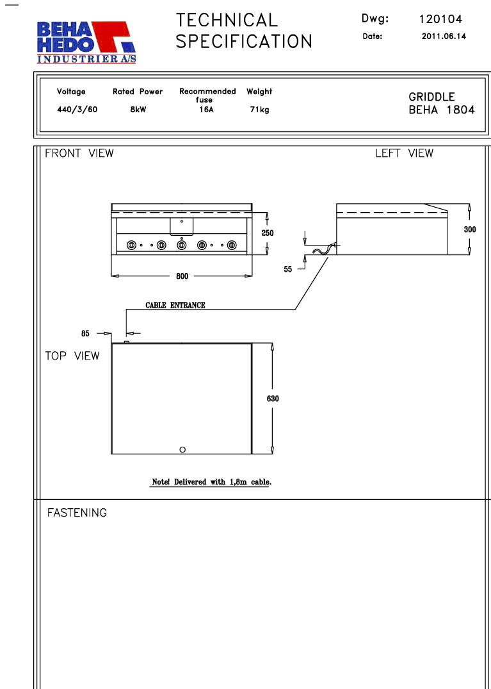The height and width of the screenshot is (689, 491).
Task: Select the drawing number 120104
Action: (x=440, y=19)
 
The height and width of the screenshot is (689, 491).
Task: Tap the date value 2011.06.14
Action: (x=444, y=37)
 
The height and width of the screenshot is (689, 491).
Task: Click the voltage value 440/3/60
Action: (x=77, y=110)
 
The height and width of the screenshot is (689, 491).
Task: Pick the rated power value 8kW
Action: (x=138, y=110)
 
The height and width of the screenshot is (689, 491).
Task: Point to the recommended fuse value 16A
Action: (x=205, y=110)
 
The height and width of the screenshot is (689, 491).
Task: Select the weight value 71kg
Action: (x=260, y=110)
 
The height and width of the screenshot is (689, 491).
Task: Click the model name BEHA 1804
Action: (x=442, y=110)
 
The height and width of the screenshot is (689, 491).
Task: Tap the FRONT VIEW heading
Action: (x=79, y=153)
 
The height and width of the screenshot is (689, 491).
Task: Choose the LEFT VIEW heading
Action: (x=404, y=153)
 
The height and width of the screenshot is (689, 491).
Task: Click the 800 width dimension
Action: (x=182, y=276)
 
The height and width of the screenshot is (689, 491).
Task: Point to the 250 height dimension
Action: (x=268, y=233)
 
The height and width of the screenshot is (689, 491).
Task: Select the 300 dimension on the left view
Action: (x=470, y=229)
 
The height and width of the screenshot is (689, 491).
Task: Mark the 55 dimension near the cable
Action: (x=288, y=269)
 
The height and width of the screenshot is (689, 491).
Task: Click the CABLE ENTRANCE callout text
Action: (x=175, y=305)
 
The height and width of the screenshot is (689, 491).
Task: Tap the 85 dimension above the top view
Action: (x=86, y=333)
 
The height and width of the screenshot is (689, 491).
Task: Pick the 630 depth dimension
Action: (x=273, y=399)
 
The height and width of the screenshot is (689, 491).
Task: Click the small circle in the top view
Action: (x=183, y=449)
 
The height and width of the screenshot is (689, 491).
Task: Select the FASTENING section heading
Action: (x=77, y=513)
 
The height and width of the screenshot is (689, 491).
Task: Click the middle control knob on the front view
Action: (x=181, y=245)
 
